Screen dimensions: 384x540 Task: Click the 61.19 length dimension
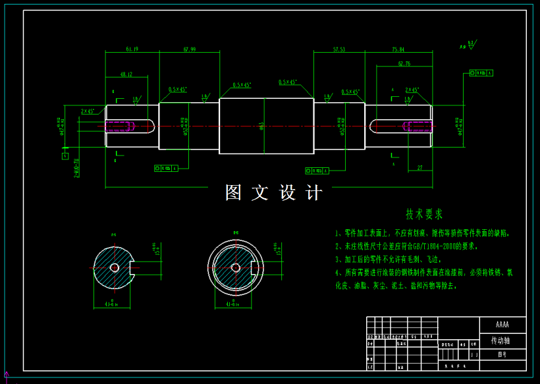click(x=132, y=49)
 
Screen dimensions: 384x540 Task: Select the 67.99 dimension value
click(x=190, y=49)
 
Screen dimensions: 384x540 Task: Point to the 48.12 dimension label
click(x=125, y=75)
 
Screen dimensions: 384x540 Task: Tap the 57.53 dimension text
click(x=339, y=49)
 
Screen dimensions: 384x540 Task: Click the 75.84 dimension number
click(x=398, y=49)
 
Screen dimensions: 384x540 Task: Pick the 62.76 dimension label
click(x=404, y=64)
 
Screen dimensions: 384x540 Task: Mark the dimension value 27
click(x=419, y=168)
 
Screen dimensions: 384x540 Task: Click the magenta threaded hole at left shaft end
click(x=119, y=126)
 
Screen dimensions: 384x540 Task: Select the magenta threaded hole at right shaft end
click(x=418, y=126)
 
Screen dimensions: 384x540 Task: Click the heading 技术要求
click(x=424, y=214)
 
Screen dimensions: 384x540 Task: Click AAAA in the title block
click(x=502, y=325)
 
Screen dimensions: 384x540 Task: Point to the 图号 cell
click(x=502, y=354)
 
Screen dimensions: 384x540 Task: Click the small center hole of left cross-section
click(x=115, y=267)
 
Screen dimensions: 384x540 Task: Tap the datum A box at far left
click(x=65, y=156)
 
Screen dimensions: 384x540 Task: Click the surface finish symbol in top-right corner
click(x=470, y=45)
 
